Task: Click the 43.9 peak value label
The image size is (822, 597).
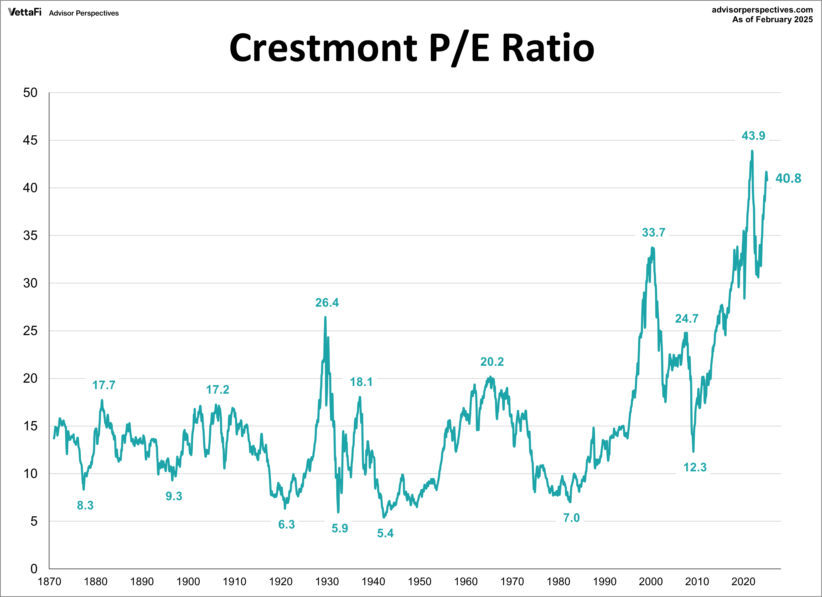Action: [x=753, y=136]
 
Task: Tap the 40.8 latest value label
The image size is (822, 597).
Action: [x=788, y=178]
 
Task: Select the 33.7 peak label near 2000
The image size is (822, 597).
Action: [x=653, y=232]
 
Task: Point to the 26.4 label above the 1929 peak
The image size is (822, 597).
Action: [x=327, y=303]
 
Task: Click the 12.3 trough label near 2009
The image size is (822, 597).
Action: [x=695, y=467]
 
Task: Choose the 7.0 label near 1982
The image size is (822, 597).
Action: [x=571, y=518]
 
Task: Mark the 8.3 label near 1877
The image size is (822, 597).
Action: [x=85, y=505]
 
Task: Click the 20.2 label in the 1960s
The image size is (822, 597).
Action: [x=492, y=362]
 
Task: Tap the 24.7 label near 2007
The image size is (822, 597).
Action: [x=686, y=318]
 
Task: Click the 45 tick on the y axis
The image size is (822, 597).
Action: [x=30, y=140]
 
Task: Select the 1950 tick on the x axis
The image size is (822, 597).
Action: [x=419, y=582]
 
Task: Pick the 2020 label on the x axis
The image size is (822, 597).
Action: [x=743, y=582]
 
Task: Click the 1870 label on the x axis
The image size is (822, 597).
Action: [x=49, y=582]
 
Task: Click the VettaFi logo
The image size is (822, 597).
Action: [x=25, y=12]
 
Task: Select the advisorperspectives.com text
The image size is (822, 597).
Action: [x=762, y=10]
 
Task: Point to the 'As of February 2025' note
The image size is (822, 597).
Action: [x=772, y=20]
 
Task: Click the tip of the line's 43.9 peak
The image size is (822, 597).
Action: [x=752, y=151]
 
